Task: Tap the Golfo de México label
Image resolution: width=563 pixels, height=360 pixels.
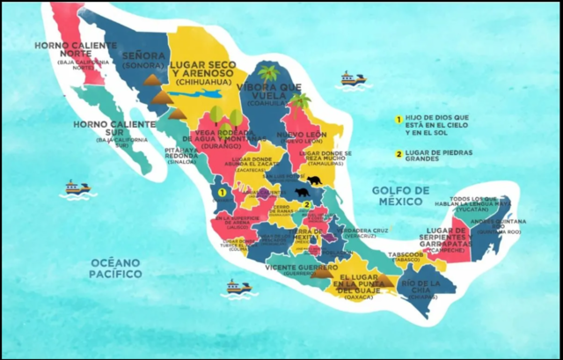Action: coord(399,195)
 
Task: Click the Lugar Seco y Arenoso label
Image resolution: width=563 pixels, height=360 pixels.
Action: coord(208,70)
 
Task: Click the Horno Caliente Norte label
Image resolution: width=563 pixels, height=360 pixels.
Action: coord(71,50)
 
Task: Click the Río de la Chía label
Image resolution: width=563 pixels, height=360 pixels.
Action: coord(422,288)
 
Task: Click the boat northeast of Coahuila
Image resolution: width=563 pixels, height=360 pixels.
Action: coord(353,79)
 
